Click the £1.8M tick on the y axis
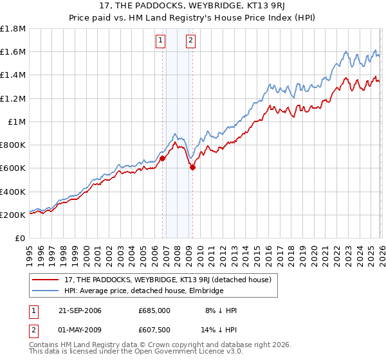(13, 29)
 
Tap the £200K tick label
(13, 215)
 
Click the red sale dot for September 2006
(162, 158)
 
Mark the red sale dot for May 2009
(192, 167)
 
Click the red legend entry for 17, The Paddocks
(161, 280)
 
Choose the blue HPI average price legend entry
(143, 291)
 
